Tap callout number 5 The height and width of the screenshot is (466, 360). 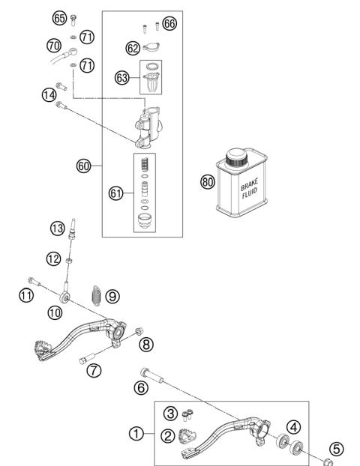(x=337, y=449)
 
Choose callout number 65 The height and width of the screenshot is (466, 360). (x=59, y=16)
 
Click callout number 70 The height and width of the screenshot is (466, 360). (x=53, y=45)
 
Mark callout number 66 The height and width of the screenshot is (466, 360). (x=169, y=25)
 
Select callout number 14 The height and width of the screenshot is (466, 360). (x=49, y=95)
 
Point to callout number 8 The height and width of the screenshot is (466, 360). (x=146, y=343)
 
